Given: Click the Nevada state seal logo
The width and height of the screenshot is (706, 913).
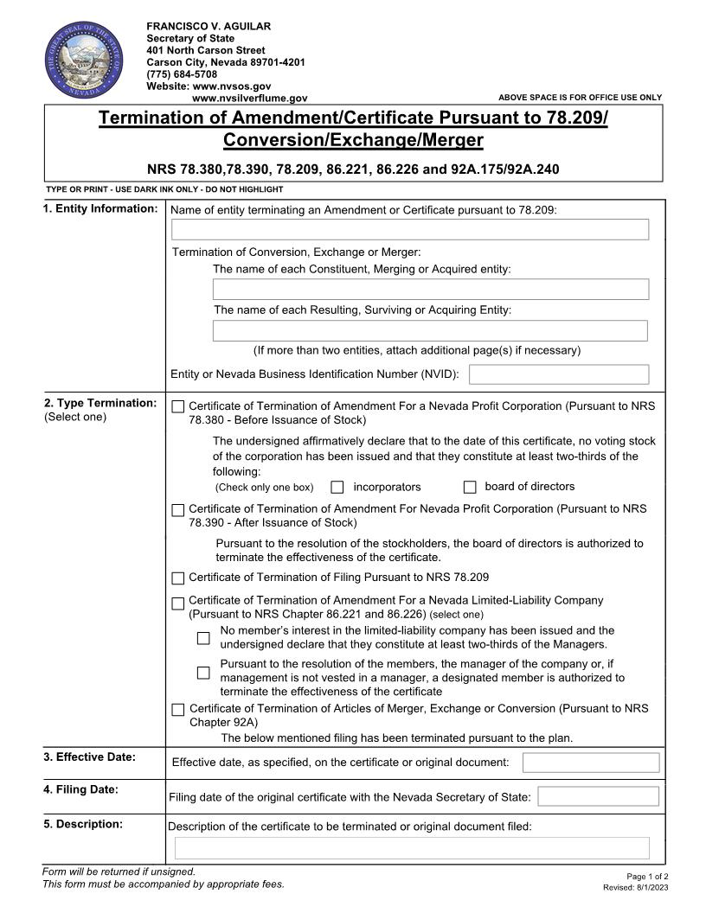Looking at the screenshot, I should (x=84, y=61).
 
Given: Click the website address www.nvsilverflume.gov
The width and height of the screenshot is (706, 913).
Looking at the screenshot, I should (x=249, y=99).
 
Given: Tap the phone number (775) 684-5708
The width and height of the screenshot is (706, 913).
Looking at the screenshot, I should (x=182, y=74).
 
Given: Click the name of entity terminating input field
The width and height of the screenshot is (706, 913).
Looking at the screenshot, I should (x=410, y=229).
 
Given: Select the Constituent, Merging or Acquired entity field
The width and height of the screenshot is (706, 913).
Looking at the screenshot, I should (x=430, y=289).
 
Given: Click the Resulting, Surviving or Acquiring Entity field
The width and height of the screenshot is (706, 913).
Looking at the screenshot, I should (x=430, y=330).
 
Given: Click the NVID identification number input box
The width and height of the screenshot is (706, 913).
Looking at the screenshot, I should (x=558, y=374).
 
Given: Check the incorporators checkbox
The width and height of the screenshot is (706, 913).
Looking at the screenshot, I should (x=337, y=488).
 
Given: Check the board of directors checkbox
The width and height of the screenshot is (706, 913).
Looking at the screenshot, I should (x=470, y=488).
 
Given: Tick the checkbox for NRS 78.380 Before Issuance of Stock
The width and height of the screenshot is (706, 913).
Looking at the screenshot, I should (x=178, y=406).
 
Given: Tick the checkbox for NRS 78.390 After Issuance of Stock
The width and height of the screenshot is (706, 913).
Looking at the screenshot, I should (x=178, y=510).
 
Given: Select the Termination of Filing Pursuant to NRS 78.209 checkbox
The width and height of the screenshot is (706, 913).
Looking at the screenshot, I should (x=178, y=578).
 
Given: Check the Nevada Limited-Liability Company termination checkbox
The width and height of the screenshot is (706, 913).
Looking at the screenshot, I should (x=178, y=603).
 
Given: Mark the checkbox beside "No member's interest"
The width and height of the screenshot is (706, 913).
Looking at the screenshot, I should (x=203, y=638).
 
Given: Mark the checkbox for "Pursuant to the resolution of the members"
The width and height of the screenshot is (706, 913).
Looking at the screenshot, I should (x=203, y=673).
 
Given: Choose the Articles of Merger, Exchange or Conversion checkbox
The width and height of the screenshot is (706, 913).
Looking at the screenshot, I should (x=178, y=710).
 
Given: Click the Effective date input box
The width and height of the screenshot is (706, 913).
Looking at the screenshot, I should (x=591, y=763).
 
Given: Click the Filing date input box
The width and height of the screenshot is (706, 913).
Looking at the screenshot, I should (x=598, y=796).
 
